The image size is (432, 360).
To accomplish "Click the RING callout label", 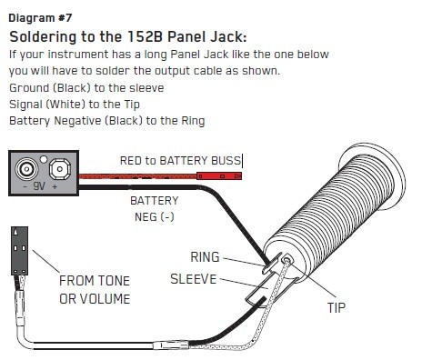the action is tap(205, 257).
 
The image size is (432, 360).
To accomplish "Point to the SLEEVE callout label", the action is tap(194, 279).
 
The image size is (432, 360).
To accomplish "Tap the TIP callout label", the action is tap(337, 308).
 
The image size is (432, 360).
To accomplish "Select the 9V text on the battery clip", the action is tap(39, 185).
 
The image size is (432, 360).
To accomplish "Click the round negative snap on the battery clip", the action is tap(26, 168).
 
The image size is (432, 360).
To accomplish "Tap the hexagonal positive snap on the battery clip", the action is tap(60, 169).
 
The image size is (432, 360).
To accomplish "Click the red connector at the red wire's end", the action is tap(219, 175).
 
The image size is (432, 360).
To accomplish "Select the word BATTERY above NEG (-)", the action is tap(155, 201).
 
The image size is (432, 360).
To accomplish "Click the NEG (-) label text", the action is tap(155, 217).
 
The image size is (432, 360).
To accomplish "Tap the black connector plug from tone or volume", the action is tap(20, 251).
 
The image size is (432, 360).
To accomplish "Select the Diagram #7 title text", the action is tap(40, 18).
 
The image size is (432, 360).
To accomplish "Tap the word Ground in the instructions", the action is tap(29, 88).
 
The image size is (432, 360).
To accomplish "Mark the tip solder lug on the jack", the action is tap(286, 260).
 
